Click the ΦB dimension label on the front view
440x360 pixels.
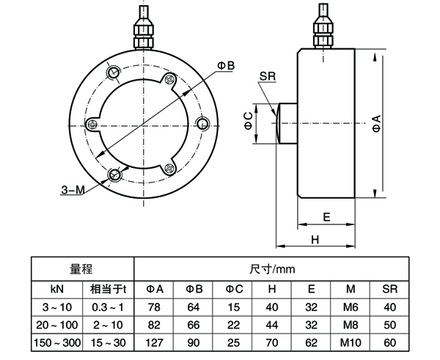226,66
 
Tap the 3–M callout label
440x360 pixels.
73,191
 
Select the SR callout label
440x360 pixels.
268,76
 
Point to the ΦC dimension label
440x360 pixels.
249,121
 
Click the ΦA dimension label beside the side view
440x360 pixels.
377,123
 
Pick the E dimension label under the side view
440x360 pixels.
326,217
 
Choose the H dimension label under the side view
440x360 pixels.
315,240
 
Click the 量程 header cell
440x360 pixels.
81,269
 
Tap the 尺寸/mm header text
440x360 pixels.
272,269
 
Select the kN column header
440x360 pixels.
57,289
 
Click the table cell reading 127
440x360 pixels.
154,342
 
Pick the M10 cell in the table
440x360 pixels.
351,342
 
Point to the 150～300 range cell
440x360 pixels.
57,342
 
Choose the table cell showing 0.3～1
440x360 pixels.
108,307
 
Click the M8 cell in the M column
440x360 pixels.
351,325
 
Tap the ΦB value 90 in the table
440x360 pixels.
194,342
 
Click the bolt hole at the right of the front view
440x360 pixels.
202,123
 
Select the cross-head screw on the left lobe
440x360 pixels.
93,124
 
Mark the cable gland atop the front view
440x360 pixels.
144,27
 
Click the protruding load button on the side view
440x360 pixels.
287,123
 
